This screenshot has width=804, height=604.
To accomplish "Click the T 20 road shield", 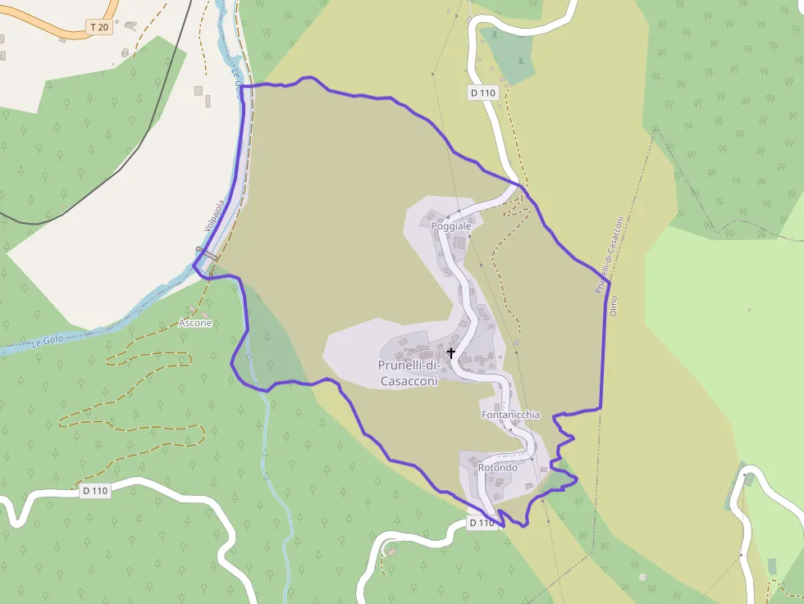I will click(98, 27).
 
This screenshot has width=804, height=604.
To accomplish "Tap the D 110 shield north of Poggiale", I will click(483, 93).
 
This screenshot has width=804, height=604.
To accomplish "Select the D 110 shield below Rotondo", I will click(482, 522).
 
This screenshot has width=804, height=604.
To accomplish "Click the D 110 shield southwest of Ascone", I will click(95, 491).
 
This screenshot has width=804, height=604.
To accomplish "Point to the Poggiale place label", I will click(451, 225).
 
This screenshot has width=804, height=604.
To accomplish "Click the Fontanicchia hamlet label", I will click(510, 415).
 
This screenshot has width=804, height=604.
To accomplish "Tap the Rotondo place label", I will click(497, 468).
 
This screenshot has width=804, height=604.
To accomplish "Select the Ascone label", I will click(195, 323).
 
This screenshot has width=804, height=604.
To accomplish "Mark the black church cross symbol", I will click(451, 352).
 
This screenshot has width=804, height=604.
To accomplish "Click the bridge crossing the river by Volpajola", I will click(207, 257).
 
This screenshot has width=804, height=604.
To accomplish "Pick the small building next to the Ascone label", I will click(192, 311).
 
